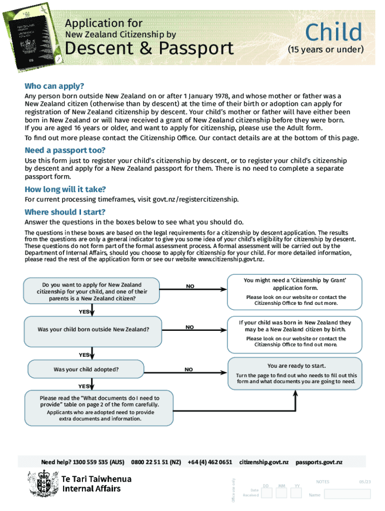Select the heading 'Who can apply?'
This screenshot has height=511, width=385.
54,85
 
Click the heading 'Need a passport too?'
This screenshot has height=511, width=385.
65,150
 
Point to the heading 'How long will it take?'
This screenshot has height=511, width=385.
65,189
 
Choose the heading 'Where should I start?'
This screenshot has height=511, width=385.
65,212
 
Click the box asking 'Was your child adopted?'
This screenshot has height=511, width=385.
86,370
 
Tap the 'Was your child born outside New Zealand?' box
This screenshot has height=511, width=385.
93,329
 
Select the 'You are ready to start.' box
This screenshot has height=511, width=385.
296,373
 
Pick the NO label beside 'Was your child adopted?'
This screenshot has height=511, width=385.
188,370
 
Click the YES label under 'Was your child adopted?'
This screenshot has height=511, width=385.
83,386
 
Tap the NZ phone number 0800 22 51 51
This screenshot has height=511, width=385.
155,463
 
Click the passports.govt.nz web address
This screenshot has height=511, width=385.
318,463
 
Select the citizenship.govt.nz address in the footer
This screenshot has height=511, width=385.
263,463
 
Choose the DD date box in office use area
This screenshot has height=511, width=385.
266,493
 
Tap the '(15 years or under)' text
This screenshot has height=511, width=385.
325,50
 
